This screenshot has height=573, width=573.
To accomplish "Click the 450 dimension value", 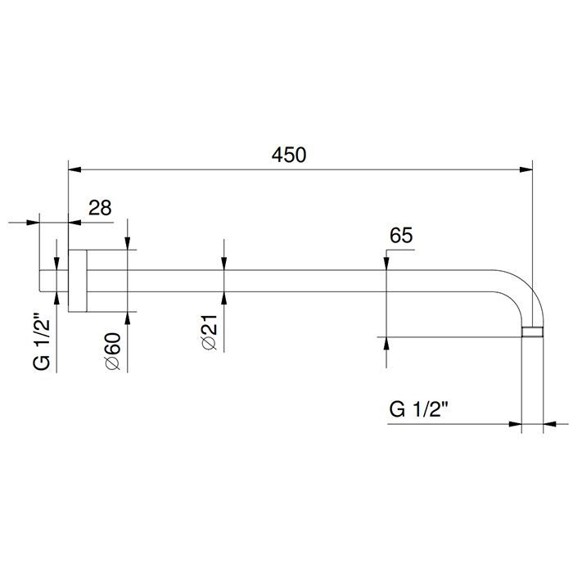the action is [x=289, y=155].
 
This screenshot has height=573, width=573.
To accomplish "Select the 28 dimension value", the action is [x=100, y=208].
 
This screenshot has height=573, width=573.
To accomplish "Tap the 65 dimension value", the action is [x=401, y=236].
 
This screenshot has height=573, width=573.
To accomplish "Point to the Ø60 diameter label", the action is [x=113, y=351].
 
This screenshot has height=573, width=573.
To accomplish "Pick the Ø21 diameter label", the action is [x=210, y=332].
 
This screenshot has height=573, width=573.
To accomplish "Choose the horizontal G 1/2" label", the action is [x=419, y=409].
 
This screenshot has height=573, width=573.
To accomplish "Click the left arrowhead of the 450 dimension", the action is [x=74, y=170].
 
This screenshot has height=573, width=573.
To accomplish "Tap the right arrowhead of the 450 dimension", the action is [x=526, y=170].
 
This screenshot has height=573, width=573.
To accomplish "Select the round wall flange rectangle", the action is [x=78, y=281].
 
